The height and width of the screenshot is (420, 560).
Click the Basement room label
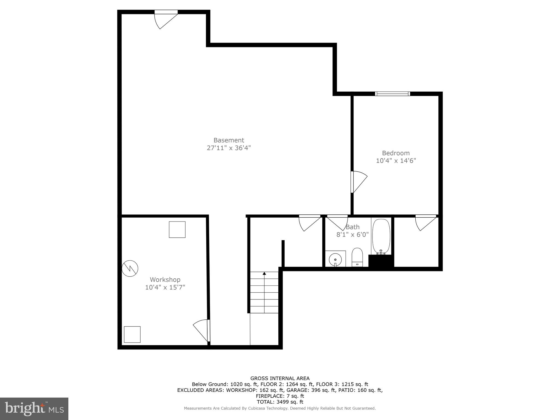pyautogui.click(x=229, y=140)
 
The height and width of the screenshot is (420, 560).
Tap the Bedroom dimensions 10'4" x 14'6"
pyautogui.click(x=396, y=161)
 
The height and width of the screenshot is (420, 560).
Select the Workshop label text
pyautogui.click(x=165, y=279)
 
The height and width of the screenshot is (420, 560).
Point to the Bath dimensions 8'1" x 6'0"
pyautogui.click(x=352, y=235)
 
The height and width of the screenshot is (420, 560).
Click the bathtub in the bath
pyautogui.click(x=381, y=236)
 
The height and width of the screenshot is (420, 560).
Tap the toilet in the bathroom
pyautogui.click(x=357, y=257)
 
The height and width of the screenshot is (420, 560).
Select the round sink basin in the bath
pyautogui.click(x=335, y=259)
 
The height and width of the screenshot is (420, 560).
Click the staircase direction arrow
pyautogui.click(x=264, y=273)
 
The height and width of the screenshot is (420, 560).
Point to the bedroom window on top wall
pyautogui.click(x=392, y=94)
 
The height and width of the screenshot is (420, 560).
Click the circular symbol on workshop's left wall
pyautogui.click(x=130, y=268)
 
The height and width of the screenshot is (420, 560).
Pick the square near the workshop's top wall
pyautogui.click(x=177, y=229)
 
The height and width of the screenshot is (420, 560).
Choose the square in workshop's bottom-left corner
pyautogui.click(x=132, y=334)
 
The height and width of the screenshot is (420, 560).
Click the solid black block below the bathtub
pyautogui.click(x=381, y=261)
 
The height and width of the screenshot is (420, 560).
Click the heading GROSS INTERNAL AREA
pyautogui.click(x=280, y=378)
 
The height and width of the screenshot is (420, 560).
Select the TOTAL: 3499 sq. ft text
pyautogui.click(x=280, y=402)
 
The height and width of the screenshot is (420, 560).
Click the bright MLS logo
pyautogui.click(x=34, y=409)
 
